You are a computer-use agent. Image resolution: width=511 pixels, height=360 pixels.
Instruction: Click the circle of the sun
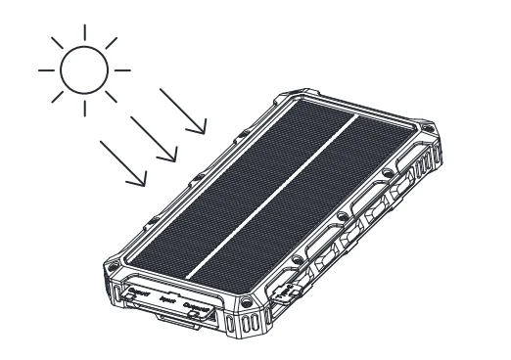pos(83,70)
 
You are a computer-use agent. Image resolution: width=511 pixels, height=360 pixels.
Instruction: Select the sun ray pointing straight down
pos(83,110)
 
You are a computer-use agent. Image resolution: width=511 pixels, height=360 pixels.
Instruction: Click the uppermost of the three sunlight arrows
pos(183,110)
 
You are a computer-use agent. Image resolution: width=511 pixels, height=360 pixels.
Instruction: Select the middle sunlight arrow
pos(154,135)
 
